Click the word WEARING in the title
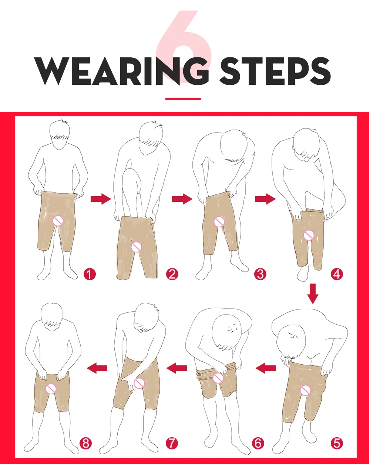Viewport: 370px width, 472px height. click(x=121, y=71)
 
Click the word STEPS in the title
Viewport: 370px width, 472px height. click(x=276, y=71)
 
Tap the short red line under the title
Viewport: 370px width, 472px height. click(x=183, y=99)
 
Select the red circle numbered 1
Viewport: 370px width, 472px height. click(x=90, y=274)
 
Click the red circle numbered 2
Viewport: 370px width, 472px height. click(x=172, y=274)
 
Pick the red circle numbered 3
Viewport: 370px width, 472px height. click(x=260, y=274)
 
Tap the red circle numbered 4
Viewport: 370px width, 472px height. click(x=337, y=274)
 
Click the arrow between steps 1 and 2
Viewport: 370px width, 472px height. click(x=101, y=199)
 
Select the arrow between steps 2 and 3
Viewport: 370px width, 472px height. click(x=182, y=199)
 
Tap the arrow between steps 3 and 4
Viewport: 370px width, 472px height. click(x=265, y=199)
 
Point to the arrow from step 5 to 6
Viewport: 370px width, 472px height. click(x=266, y=368)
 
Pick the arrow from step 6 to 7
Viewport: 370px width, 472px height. click(x=176, y=368)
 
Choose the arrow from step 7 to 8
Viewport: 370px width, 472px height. click(x=97, y=368)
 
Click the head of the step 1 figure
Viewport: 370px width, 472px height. click(x=60, y=134)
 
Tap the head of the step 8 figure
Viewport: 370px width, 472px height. click(x=52, y=317)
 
